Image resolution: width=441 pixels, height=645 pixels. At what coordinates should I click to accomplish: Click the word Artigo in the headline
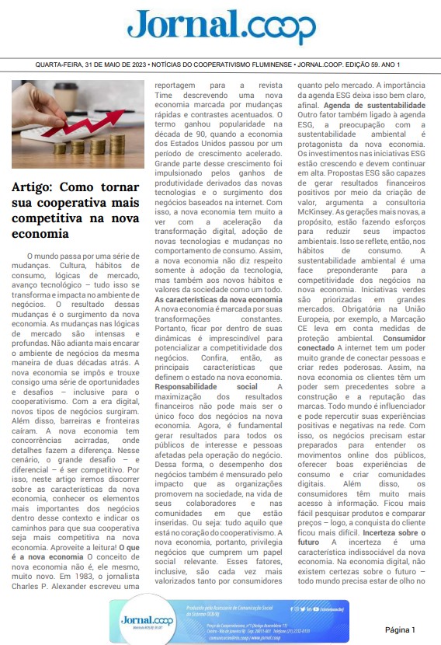32,187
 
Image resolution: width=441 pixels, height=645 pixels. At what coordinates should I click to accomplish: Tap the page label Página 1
400,629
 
